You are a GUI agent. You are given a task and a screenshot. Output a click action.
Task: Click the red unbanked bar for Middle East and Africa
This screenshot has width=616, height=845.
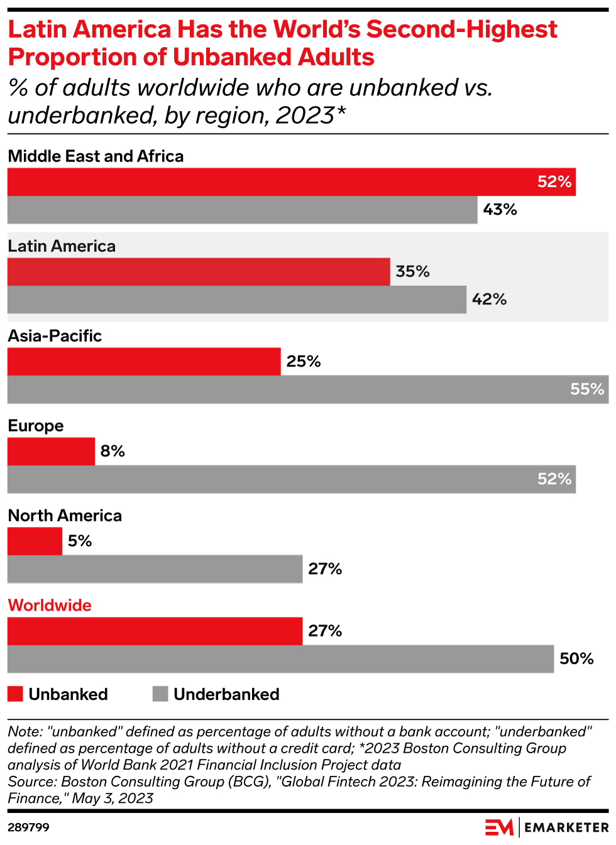291,182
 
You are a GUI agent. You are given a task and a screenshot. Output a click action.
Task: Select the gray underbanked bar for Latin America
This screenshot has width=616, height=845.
236,300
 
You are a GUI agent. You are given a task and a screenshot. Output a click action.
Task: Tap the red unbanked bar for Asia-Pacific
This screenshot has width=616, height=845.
144,362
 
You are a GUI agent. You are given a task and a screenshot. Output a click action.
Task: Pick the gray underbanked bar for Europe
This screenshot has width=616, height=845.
291,479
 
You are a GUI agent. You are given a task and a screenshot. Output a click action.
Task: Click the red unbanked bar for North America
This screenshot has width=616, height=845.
35,542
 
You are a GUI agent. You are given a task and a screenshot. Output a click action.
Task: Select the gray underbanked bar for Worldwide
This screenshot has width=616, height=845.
280,659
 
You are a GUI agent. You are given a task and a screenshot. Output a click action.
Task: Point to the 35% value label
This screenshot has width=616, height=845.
412,272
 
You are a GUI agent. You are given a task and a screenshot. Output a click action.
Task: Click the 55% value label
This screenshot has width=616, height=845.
587,390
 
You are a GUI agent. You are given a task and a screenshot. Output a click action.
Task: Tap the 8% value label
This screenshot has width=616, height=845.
113,452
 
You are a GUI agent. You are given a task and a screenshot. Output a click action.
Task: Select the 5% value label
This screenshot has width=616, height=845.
80,542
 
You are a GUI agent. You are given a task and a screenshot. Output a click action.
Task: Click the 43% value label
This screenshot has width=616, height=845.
500,210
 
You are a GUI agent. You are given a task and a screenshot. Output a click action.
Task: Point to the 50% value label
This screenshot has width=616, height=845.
576,659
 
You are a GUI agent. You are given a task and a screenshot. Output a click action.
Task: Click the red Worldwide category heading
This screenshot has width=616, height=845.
50,606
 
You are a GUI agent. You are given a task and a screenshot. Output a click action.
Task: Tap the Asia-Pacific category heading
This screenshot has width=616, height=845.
55,336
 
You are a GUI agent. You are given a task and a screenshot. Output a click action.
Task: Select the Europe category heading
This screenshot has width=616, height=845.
36,426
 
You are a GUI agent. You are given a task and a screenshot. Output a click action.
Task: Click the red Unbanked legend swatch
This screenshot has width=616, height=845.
15,694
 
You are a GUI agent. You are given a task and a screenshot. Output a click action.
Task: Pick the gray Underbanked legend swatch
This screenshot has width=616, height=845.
160,694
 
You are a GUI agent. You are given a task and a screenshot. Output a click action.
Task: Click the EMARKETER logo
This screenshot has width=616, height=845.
547,827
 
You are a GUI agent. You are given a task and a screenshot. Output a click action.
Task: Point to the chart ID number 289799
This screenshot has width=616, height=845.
28,827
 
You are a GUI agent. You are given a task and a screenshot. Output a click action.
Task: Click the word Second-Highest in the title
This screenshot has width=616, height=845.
461,30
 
